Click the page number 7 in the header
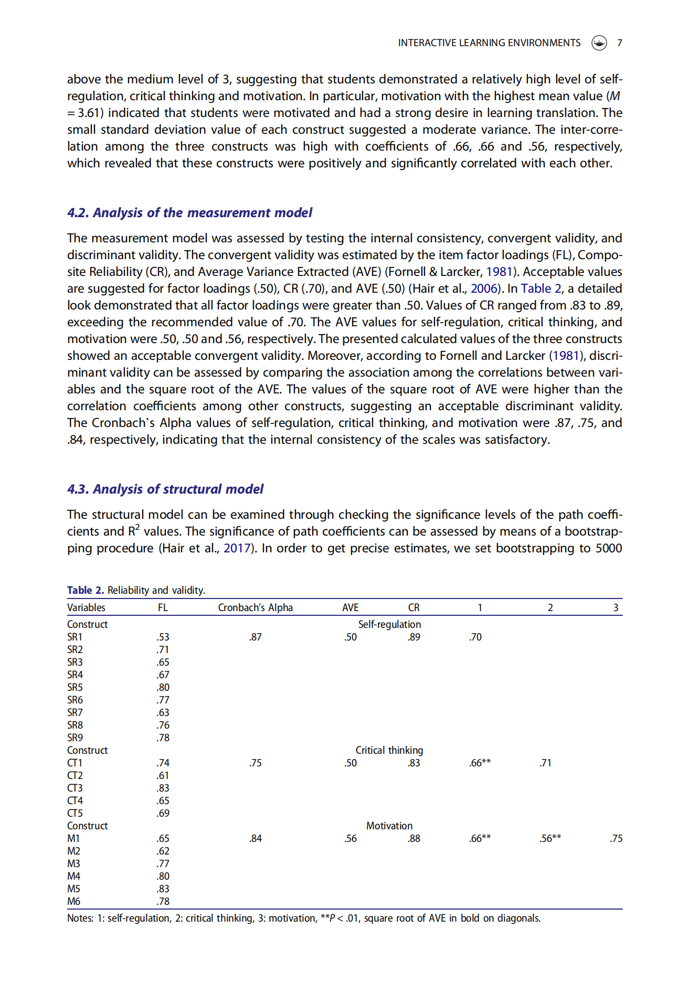[x=619, y=43]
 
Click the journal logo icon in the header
[x=599, y=43]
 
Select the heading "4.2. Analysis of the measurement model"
[x=189, y=212]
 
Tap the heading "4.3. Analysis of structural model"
[x=165, y=489]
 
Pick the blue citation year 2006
[x=484, y=289]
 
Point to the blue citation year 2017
[x=237, y=548]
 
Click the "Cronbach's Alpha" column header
[x=255, y=607]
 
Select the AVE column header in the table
[x=350, y=607]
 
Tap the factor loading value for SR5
[x=163, y=687]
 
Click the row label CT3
[x=75, y=788]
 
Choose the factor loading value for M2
[x=163, y=851]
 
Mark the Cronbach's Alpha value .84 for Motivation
[x=255, y=838]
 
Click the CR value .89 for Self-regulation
[x=413, y=637]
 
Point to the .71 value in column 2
[x=545, y=763]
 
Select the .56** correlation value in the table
[x=550, y=838]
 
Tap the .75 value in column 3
[x=616, y=838]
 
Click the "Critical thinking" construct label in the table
[x=389, y=750]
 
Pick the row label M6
[x=74, y=901]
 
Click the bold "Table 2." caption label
[x=86, y=590]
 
